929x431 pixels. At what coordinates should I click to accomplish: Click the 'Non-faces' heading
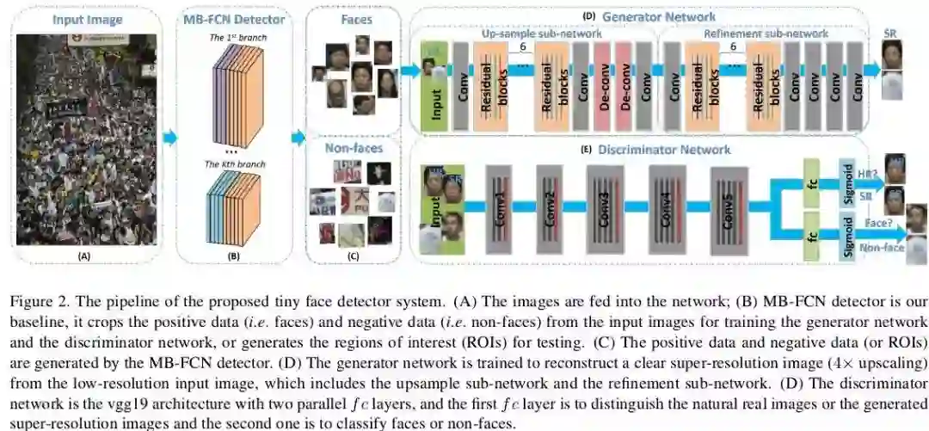click(353, 148)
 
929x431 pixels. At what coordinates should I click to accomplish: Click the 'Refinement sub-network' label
click(766, 34)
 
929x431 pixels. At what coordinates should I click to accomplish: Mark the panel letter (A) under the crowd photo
click(83, 256)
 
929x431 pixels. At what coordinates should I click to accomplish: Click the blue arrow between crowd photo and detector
click(169, 137)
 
